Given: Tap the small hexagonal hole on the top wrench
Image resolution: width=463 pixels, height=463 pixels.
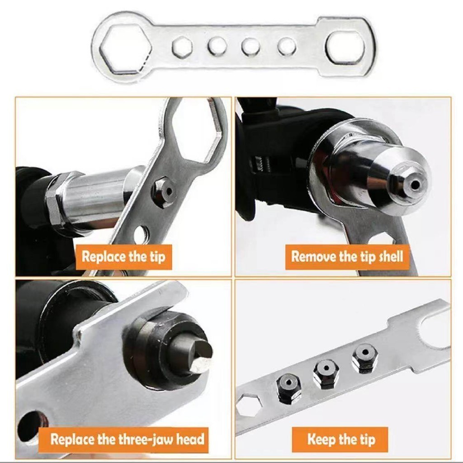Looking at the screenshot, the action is coord(182,47).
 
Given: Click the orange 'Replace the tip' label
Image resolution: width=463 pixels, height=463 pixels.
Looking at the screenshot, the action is coord(123,257).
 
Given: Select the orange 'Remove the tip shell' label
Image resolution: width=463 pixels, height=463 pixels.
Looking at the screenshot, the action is coord(347,257).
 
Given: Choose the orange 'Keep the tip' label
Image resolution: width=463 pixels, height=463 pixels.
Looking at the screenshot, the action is coord(340,439).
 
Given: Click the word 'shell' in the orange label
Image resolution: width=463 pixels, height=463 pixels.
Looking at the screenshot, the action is coord(391,257).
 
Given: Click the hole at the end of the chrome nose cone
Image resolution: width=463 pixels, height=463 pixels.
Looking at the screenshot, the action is coord(415,185).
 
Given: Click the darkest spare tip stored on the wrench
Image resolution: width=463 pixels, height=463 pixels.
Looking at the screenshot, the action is coord(288,387).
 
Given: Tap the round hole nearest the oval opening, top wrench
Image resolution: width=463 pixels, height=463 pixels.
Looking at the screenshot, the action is coord(286,47).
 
